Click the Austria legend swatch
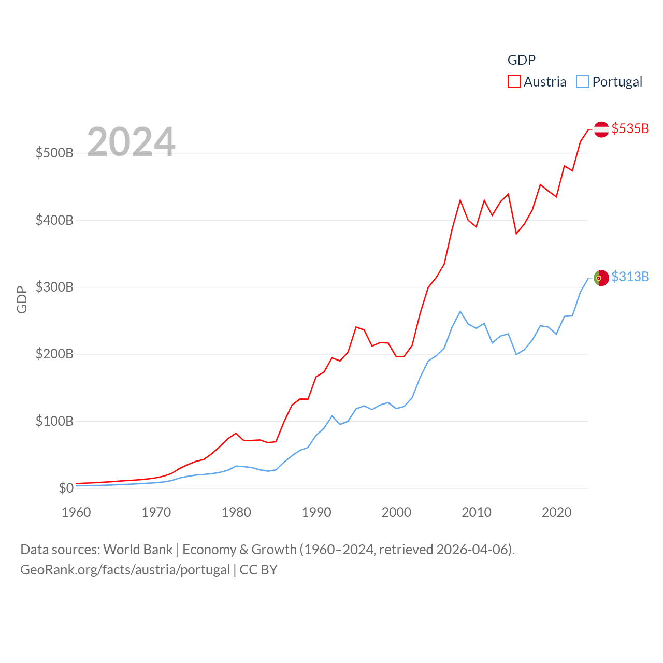click(514, 82)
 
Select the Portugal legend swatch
click(583, 82)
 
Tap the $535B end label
click(630, 128)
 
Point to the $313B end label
click(630, 277)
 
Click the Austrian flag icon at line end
click(601, 129)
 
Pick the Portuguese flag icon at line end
click(601, 278)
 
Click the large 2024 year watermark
click(131, 142)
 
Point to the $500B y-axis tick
click(54, 153)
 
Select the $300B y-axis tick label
click(54, 287)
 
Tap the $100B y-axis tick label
click(54, 421)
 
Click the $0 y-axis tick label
click(66, 488)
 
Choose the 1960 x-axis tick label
click(76, 512)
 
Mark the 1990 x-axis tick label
click(316, 512)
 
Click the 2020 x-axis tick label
click(557, 512)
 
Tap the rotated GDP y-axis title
click(22, 299)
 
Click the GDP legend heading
click(521, 60)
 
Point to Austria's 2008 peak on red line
click(460, 200)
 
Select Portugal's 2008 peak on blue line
click(460, 311)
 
